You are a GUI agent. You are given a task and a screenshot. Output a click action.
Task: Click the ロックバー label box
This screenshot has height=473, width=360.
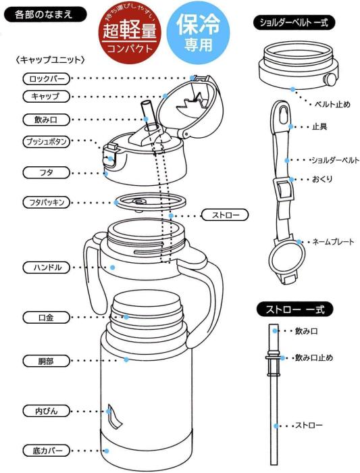[x=45, y=78]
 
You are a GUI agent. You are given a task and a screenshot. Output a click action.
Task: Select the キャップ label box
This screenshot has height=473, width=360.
[x=45, y=97]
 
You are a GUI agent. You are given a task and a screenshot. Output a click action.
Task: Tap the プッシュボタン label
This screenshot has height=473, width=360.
[x=45, y=141]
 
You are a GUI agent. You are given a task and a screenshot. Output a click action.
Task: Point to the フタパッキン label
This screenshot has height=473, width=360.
[x=45, y=202]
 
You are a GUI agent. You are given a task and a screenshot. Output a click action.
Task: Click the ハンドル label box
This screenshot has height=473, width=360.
[x=45, y=267]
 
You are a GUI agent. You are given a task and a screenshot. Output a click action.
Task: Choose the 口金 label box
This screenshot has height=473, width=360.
[x=45, y=316]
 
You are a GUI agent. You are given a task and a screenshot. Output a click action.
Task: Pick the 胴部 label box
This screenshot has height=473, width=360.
[x=45, y=361]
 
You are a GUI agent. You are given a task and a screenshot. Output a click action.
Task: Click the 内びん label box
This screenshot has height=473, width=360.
[x=45, y=410]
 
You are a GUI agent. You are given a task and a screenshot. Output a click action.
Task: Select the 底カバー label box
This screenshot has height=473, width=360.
[x=45, y=449]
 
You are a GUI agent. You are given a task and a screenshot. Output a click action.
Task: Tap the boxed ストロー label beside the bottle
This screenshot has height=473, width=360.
[x=225, y=216]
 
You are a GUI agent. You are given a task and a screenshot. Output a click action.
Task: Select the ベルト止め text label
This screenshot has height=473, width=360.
[x=332, y=104]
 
